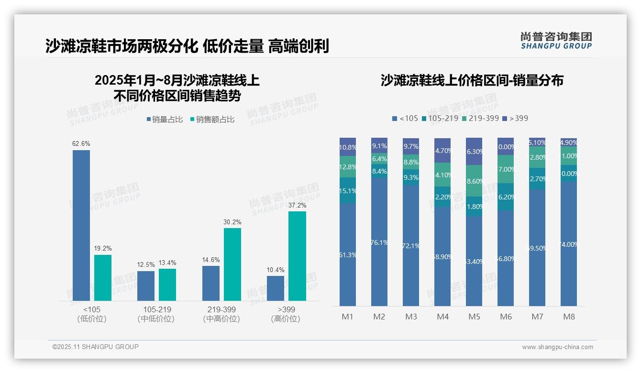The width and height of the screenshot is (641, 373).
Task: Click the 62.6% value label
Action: [x=81, y=143]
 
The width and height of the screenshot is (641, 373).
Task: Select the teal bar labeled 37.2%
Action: [x=297, y=256]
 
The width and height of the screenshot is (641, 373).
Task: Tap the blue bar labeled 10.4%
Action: [x=276, y=288]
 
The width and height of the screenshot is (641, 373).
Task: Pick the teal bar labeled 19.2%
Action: [x=103, y=277]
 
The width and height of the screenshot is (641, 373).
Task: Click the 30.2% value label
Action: [x=232, y=222]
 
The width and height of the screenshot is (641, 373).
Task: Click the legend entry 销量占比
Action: [x=164, y=120]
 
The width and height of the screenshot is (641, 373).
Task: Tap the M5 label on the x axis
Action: [x=474, y=317]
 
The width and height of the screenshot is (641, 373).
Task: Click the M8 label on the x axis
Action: [x=569, y=317]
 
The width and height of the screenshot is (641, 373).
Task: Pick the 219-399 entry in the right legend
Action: [x=480, y=118]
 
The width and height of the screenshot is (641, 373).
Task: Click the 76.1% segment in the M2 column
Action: [x=379, y=242]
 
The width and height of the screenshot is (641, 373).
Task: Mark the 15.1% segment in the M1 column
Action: [x=348, y=190]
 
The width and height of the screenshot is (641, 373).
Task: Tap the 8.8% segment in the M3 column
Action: [x=411, y=162]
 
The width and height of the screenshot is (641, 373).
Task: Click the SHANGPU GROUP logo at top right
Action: [x=556, y=41]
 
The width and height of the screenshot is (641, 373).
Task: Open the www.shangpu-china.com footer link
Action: [x=557, y=347]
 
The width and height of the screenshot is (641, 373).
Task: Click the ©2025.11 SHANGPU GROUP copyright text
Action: [x=96, y=347]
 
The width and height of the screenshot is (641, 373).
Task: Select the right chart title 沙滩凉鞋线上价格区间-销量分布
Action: [x=472, y=81]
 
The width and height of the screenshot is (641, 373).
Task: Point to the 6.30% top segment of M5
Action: [x=474, y=151]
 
